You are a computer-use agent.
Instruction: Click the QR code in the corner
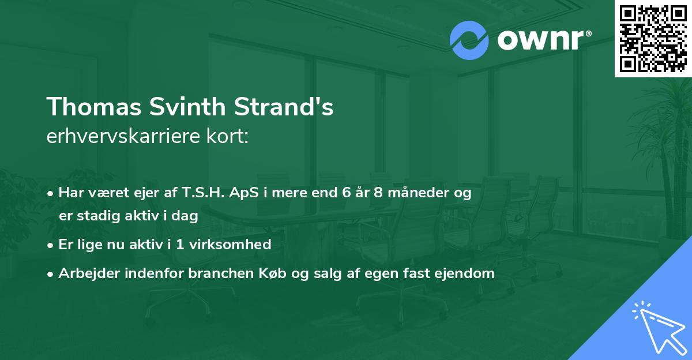(653, 38)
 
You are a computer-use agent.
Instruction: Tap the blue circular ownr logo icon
(469, 40)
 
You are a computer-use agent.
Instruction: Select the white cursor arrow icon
(658, 326)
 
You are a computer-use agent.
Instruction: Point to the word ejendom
(468, 273)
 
